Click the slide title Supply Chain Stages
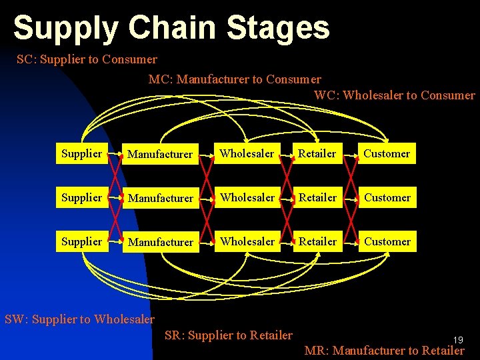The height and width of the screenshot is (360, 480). [x=171, y=29]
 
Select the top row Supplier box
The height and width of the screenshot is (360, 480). [x=81, y=153]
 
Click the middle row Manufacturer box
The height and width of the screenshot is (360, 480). [x=160, y=198]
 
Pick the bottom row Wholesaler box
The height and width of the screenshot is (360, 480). [x=247, y=241]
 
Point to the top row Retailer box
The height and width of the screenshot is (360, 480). [x=317, y=153]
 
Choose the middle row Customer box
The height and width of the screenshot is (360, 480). [x=387, y=197]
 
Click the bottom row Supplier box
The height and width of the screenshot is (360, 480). [x=81, y=241]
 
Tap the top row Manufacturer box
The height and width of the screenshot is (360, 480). [x=160, y=154]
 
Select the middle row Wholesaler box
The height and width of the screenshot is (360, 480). [x=247, y=197]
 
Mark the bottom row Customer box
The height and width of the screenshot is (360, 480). [x=387, y=241]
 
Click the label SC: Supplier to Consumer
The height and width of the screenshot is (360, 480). [x=87, y=59]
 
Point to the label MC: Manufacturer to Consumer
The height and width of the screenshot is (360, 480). [x=235, y=79]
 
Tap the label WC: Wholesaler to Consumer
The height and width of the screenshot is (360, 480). [x=395, y=95]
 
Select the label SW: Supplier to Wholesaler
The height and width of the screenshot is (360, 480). [x=79, y=319]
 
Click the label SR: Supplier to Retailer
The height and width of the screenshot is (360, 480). [x=228, y=335]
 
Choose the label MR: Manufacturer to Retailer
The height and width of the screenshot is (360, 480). [x=384, y=350]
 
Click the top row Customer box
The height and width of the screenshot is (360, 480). [x=387, y=153]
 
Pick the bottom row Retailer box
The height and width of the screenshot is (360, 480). [x=317, y=241]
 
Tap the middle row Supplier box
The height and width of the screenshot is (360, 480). [x=81, y=197]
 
